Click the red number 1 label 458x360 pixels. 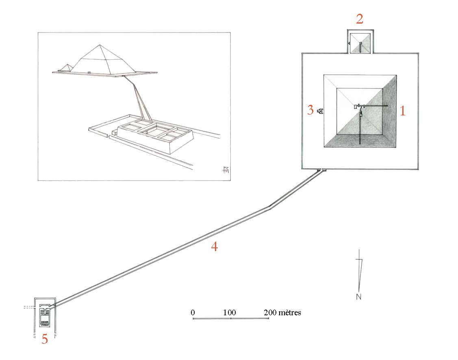(x=402, y=111)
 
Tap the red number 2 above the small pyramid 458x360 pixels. (x=360, y=19)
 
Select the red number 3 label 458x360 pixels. (x=310, y=110)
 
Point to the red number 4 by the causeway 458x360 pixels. (x=215, y=247)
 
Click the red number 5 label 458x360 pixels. (x=44, y=339)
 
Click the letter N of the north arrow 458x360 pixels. (x=359, y=297)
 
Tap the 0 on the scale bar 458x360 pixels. (x=193, y=312)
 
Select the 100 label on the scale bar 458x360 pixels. (x=230, y=312)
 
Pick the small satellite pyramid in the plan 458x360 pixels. (x=360, y=43)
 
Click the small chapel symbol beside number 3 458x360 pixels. (x=321, y=111)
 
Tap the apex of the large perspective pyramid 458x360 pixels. (x=100, y=45)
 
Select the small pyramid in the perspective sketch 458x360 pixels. (x=68, y=67)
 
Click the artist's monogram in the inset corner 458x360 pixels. (x=225, y=169)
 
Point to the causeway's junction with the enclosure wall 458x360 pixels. (x=321, y=170)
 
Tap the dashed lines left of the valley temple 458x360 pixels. (x=29, y=307)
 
